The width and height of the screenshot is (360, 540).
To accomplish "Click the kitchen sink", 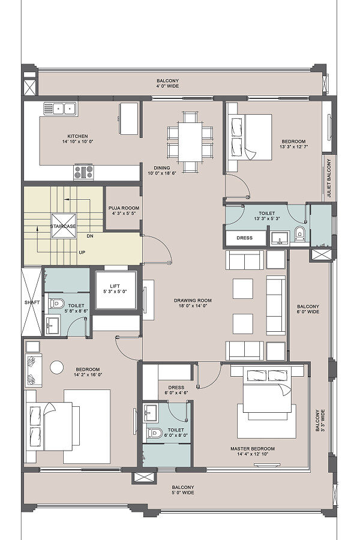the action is (60, 109).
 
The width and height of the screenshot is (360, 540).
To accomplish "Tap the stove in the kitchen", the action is (84, 172).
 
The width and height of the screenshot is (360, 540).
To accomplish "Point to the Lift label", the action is (115, 289).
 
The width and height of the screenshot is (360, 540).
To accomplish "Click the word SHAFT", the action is (32, 302).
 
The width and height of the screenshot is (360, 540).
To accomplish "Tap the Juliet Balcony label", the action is (329, 178).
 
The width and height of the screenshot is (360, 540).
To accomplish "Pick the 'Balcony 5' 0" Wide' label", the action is (183, 490).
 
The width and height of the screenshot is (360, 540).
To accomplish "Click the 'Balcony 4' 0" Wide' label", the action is (168, 83).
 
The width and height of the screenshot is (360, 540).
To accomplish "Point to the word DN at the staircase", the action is (90, 236).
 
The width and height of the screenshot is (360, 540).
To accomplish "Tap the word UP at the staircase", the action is (82, 252).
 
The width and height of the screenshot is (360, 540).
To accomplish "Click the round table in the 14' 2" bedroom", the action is (56, 367).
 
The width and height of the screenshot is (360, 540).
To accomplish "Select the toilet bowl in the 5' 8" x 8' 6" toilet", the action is (57, 304).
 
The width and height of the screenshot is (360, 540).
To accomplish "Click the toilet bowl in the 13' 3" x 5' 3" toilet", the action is (300, 234).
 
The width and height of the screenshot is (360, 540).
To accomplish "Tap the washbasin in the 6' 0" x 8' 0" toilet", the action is (150, 412).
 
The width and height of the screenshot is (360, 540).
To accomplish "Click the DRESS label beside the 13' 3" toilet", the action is (245, 238).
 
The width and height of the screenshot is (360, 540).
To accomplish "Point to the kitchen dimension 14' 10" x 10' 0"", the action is (78, 141).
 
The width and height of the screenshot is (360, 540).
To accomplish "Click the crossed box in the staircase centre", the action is (64, 226).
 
